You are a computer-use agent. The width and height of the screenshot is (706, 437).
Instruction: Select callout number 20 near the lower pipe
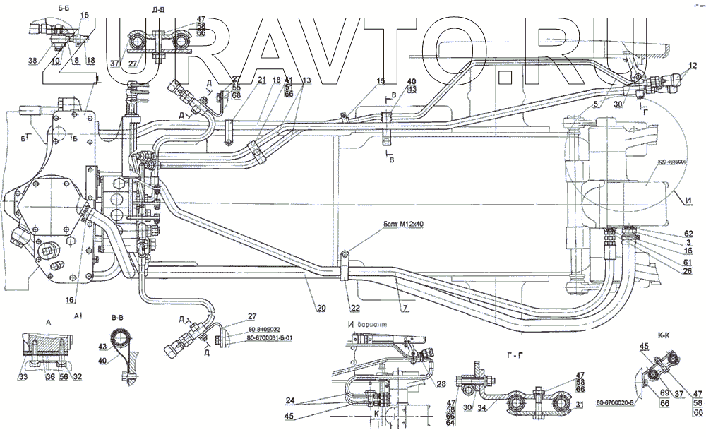tap(321, 307)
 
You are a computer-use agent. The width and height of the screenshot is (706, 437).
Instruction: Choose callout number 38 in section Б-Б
tap(32, 61)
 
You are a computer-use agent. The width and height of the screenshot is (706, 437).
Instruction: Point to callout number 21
tap(242, 80)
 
